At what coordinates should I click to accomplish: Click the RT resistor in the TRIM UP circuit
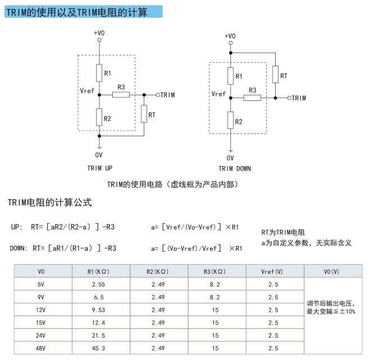click(x=144, y=114)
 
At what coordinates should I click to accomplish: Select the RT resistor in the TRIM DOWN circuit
click(x=275, y=74)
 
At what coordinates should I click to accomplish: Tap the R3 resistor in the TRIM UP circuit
click(x=121, y=95)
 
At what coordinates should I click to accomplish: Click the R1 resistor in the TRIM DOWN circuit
click(x=231, y=76)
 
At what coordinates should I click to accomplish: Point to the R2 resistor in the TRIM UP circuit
click(x=99, y=117)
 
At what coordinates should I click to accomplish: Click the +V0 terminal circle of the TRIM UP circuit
click(x=99, y=40)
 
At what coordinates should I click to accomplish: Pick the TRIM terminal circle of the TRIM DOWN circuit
click(x=289, y=98)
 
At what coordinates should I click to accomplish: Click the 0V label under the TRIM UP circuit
click(x=99, y=155)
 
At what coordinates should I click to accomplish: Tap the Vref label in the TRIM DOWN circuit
click(x=218, y=94)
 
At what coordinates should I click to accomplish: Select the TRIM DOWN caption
click(x=235, y=169)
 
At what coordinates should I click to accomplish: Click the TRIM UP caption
click(x=100, y=168)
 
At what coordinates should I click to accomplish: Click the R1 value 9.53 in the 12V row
click(x=98, y=310)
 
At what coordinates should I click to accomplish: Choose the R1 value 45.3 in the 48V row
click(x=98, y=348)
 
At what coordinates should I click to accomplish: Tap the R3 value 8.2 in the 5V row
click(x=214, y=285)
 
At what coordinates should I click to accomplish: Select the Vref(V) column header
click(x=272, y=271)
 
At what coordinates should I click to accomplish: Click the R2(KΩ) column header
click(x=157, y=271)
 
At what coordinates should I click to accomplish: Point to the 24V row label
click(x=40, y=335)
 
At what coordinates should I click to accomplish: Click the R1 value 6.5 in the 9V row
click(x=99, y=297)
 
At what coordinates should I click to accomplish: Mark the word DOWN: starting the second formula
click(x=19, y=248)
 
